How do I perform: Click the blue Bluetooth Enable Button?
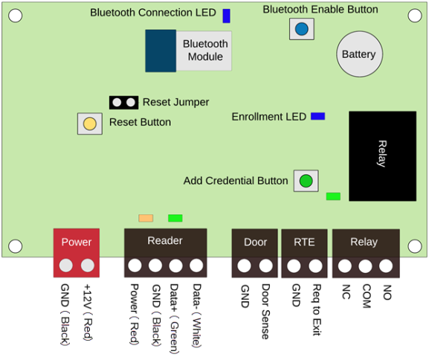pyautogui.click(x=302, y=29)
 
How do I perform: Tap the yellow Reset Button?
pyautogui.click(x=90, y=123)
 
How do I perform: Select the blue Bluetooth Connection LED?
pyautogui.click(x=226, y=16)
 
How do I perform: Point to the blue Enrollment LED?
pyautogui.click(x=318, y=116)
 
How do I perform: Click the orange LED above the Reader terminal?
pyautogui.click(x=146, y=218)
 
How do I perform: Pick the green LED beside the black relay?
pyautogui.click(x=333, y=196)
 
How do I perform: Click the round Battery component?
pyautogui.click(x=360, y=54)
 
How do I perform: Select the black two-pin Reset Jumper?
pyautogui.click(x=123, y=103)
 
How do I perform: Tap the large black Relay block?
pyautogui.click(x=382, y=156)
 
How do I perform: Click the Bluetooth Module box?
pyautogui.click(x=188, y=51)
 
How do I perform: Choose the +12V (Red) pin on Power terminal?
pyautogui.click(x=88, y=266)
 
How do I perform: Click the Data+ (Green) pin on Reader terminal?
pyautogui.click(x=175, y=266)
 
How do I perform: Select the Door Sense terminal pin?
pyautogui.click(x=265, y=266)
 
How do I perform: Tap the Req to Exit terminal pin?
pyautogui.click(x=315, y=266)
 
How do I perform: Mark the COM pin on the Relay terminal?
pyautogui.click(x=365, y=266)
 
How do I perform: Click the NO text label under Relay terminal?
pyautogui.click(x=387, y=292)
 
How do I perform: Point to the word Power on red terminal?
pyautogui.click(x=77, y=242)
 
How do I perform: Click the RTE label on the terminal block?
pyautogui.click(x=304, y=242)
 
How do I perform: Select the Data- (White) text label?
pyautogui.click(x=197, y=315)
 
